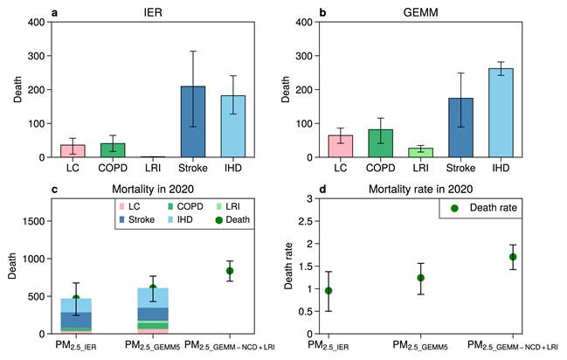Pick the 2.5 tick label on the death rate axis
pos(309,221)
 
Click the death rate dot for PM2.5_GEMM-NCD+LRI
pos(513,257)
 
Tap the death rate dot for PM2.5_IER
pos(328,290)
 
